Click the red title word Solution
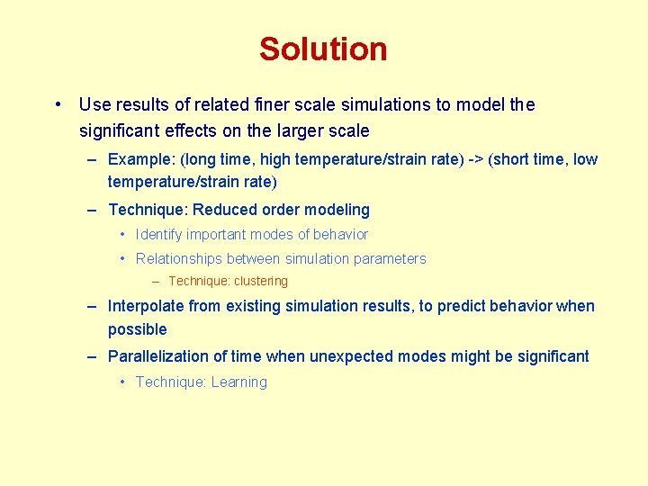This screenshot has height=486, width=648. pos(323,49)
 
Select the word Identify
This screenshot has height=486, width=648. pos(161,235)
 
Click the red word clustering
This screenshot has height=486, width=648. pos(261,281)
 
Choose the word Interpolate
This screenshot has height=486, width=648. pos(147,306)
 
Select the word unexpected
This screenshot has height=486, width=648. pos(351,356)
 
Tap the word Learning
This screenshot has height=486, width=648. pos(239,382)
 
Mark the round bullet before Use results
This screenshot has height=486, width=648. pos(57,104)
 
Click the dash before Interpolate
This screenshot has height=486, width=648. pos(93,306)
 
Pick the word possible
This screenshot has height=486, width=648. pos(138,330)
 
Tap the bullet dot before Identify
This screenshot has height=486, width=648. pos(122,235)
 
